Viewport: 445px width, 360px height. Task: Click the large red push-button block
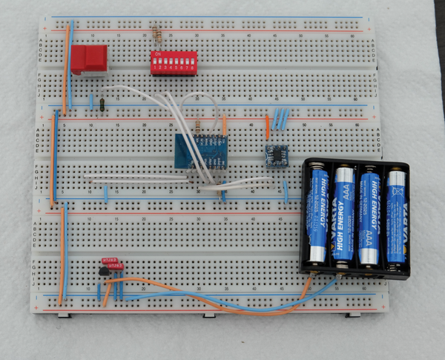(89, 59)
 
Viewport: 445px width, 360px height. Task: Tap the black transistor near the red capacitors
(102, 276)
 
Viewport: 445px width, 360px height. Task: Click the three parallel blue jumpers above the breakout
(281, 118)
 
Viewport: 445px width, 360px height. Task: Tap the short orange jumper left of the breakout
(268, 126)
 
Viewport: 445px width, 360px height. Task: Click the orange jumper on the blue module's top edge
(223, 125)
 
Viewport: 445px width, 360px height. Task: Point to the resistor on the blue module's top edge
(198, 127)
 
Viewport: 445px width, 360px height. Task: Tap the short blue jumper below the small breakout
(286, 193)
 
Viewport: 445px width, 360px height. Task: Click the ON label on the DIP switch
(154, 53)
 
